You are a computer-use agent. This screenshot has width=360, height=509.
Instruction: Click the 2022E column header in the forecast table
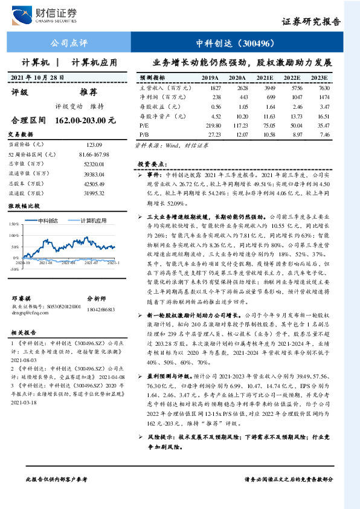[292, 78]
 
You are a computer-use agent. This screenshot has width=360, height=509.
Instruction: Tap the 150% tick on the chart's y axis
[13, 224]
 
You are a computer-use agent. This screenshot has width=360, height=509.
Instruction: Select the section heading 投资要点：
[151, 164]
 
